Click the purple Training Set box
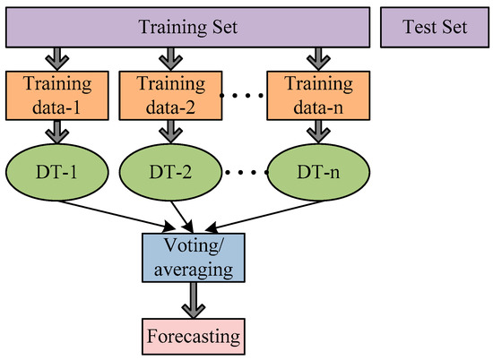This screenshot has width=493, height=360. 187,27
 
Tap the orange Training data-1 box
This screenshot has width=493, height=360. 56,97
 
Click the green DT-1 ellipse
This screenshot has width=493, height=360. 56,170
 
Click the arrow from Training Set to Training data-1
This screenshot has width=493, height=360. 56,58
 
